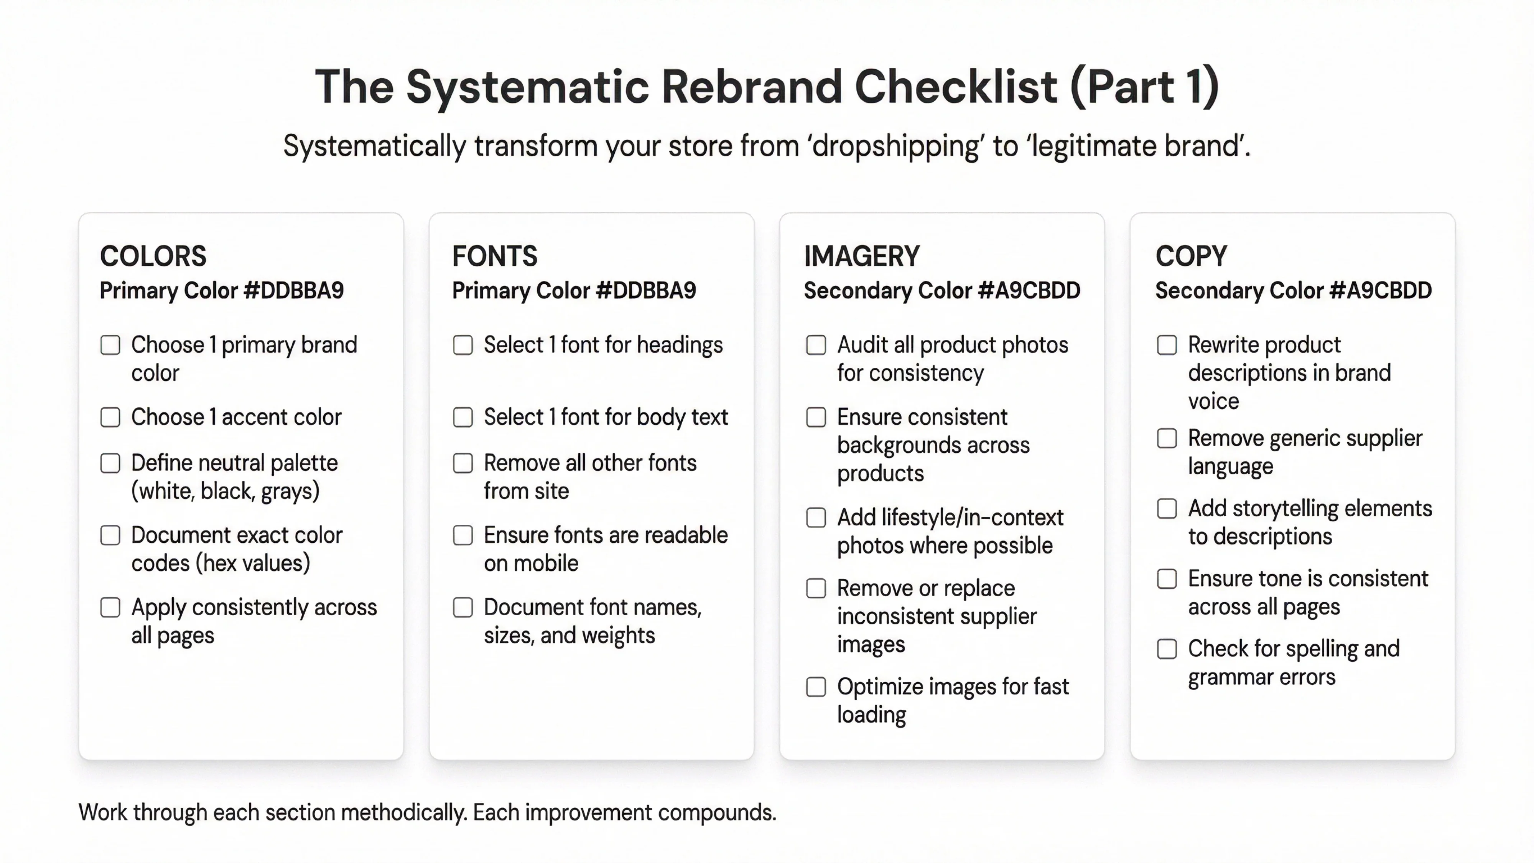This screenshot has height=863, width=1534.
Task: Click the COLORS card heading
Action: [153, 257]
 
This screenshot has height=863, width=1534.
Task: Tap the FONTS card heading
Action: [494, 257]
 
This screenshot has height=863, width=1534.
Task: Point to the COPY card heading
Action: [1191, 257]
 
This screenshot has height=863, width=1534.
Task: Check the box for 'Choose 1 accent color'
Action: [110, 417]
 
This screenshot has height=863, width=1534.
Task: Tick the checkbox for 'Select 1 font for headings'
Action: [463, 345]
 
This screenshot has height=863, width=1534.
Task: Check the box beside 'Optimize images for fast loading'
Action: [816, 687]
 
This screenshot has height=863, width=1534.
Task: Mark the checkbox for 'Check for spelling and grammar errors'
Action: [1167, 649]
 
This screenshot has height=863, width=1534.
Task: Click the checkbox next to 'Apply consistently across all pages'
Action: [110, 608]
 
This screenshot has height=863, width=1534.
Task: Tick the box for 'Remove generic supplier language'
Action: [1167, 438]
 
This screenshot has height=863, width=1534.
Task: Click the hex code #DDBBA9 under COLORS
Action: [294, 291]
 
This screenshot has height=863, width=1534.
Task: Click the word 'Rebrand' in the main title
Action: [752, 87]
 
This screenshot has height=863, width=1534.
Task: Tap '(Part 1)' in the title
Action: [1144, 87]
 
